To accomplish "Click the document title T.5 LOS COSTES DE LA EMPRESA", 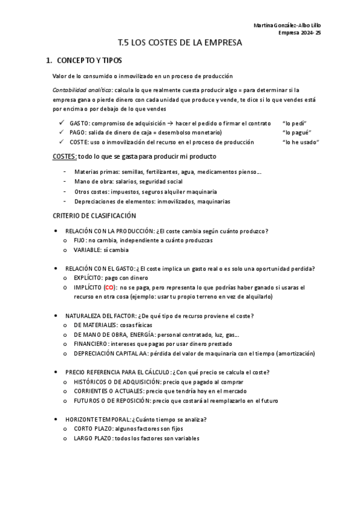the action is (180, 43).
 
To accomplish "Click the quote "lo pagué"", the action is (297, 132).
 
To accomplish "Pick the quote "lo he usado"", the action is (301, 142).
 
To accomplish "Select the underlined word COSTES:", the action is (65, 156).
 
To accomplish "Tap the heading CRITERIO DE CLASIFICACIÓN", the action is (94, 216).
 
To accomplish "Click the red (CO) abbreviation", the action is (109, 287).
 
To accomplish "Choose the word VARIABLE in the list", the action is (89, 250).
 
